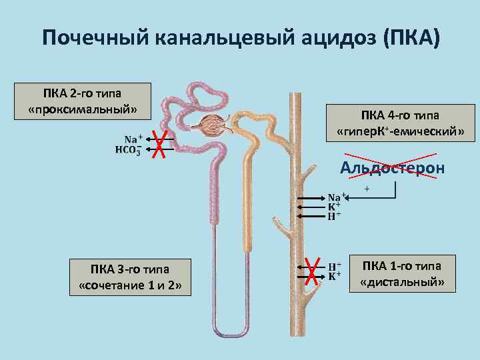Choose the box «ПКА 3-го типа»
[129, 278]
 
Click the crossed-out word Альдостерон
[392, 168]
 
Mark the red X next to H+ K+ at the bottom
[310, 270]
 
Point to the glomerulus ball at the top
[215, 125]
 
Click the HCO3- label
[128, 149]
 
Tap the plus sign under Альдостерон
[367, 190]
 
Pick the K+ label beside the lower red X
[335, 275]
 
